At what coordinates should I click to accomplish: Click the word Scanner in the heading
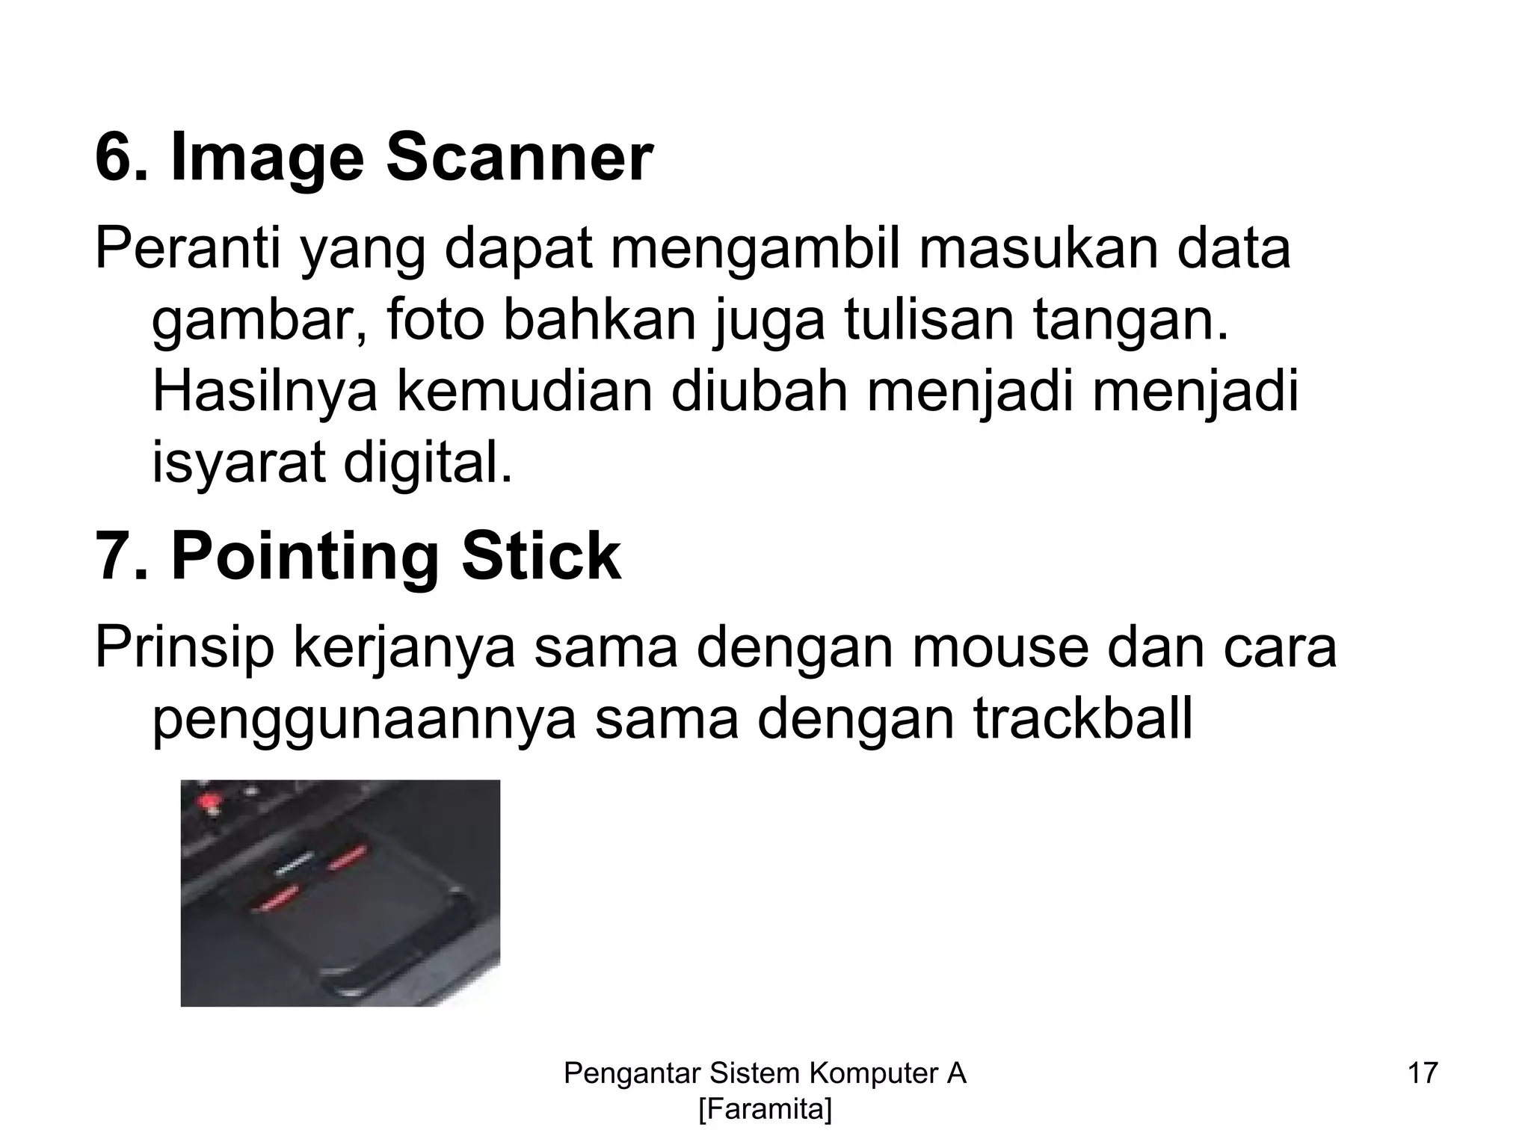(519, 158)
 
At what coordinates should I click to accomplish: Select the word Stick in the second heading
(540, 557)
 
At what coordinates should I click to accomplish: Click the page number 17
(1423, 1073)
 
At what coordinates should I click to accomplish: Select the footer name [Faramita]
(765, 1110)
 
